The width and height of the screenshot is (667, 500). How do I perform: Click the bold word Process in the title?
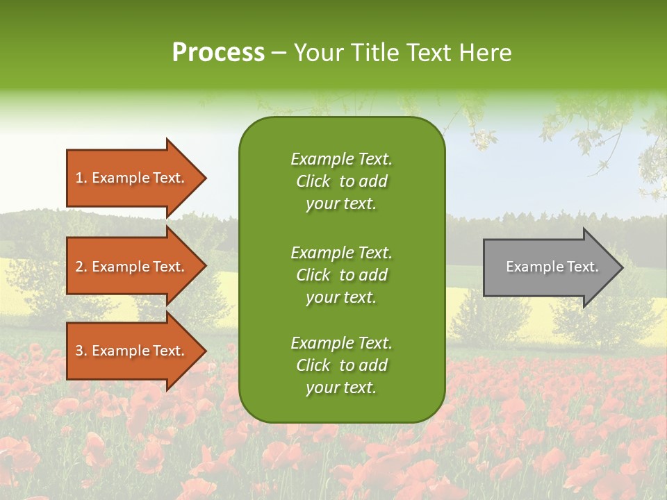point(218,53)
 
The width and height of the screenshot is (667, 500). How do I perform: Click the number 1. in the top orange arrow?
point(81,178)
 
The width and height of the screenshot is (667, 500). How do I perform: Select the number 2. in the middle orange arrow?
point(81,267)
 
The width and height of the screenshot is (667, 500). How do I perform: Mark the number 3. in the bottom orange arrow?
point(81,351)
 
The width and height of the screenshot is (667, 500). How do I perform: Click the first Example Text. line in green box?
point(341,159)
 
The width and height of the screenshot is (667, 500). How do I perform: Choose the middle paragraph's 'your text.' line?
point(341,297)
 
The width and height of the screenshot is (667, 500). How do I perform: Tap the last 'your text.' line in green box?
point(341,387)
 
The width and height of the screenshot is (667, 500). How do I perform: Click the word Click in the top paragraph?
point(313,181)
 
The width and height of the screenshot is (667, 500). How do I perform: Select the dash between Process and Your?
point(279,53)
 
